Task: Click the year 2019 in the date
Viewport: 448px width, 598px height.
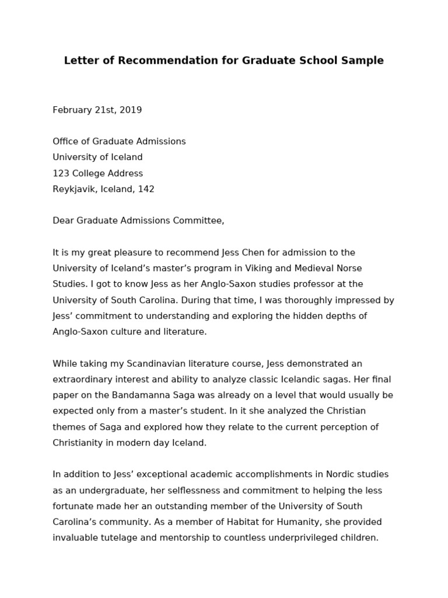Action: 130,110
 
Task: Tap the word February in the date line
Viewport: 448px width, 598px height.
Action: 72,110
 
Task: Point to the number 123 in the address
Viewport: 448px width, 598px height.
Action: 61,173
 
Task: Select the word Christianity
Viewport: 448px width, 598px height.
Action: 80,443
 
